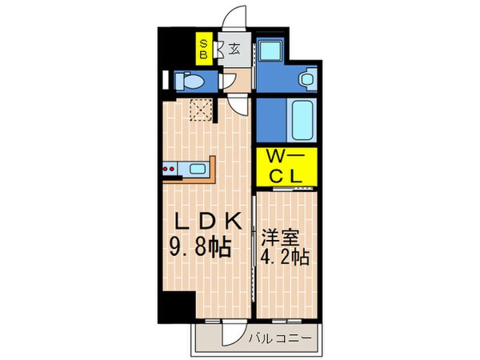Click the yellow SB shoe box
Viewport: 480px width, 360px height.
205,50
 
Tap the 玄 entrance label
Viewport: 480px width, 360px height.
234,48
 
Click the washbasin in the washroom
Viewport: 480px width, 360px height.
306,79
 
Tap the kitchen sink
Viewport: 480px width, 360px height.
196,169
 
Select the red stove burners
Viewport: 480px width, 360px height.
170,169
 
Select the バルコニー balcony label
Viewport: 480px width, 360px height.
278,338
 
